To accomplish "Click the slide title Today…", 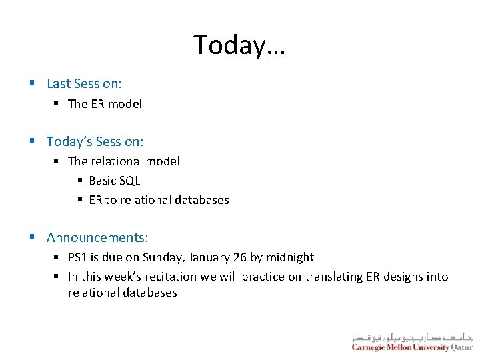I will point(239,45).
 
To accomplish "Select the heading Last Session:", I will point(84,83).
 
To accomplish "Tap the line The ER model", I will point(105,103).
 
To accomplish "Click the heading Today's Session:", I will point(95,141).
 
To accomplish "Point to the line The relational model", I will point(123,161).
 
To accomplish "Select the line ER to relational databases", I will point(159,199).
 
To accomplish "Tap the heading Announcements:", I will point(97,237).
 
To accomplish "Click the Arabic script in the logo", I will point(412,337).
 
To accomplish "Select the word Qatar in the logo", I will point(462,347).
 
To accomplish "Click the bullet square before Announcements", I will point(32,237).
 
